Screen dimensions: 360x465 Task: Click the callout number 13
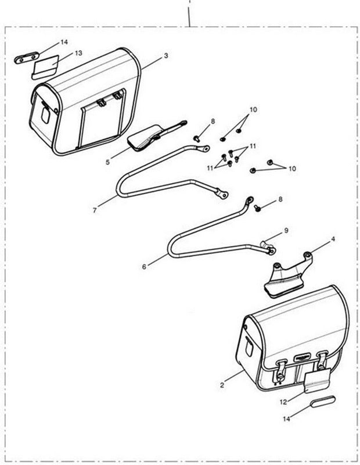tap(78, 53)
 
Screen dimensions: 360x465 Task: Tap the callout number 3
tap(166, 55)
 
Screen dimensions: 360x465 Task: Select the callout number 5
tap(107, 162)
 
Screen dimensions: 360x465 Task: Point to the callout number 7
tap(95, 210)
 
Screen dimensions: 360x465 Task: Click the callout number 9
tap(286, 230)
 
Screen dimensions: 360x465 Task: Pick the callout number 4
tap(333, 239)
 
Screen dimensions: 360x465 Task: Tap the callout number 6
tap(144, 267)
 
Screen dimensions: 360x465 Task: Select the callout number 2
tap(222, 385)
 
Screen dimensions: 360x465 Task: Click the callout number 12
tap(283, 402)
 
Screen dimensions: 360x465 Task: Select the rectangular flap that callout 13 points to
tap(46, 67)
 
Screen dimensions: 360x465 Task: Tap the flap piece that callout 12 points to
tap(318, 380)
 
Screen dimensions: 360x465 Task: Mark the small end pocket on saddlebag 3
tap(45, 115)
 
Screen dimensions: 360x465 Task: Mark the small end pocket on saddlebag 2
tap(249, 347)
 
